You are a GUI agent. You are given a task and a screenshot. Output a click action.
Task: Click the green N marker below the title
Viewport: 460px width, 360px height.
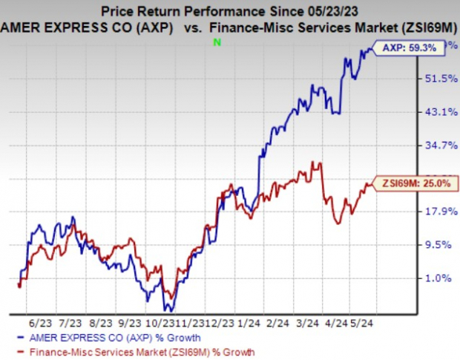tap(217, 42)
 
